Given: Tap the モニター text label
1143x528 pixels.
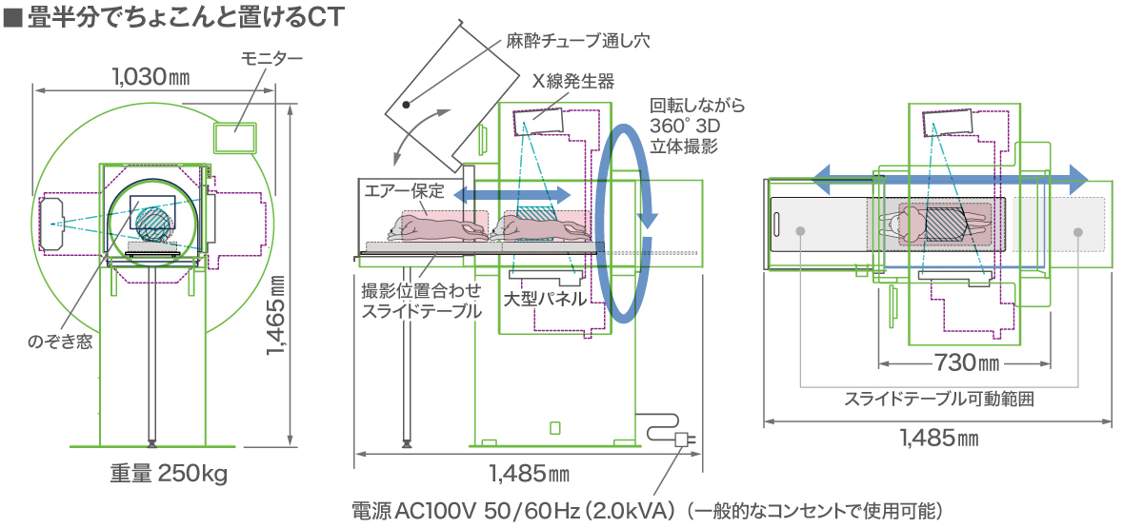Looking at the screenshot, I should [271, 59].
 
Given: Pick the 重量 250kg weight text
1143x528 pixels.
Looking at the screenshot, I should [169, 473].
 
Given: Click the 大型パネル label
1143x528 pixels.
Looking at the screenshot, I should [544, 299].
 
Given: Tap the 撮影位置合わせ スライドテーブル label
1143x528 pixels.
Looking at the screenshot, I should [416, 301].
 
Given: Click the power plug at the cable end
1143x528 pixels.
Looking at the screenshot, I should [683, 440].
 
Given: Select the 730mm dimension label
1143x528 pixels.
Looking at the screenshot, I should [965, 362].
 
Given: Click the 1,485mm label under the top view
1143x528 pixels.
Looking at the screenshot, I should [939, 439].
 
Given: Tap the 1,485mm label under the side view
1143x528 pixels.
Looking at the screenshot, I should [529, 472].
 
